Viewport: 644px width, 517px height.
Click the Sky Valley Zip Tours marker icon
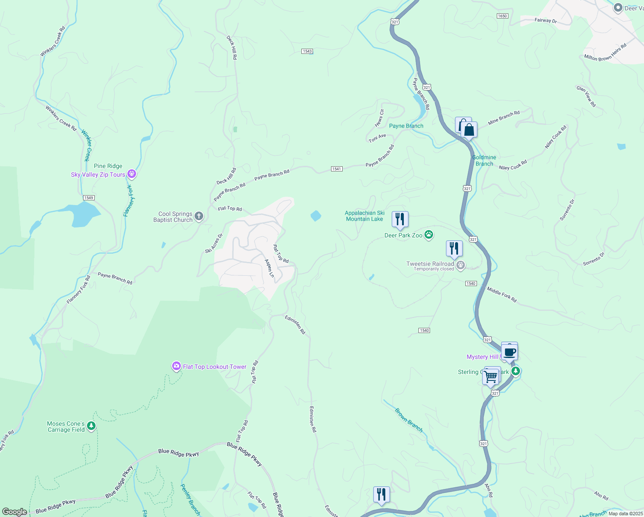[132, 174]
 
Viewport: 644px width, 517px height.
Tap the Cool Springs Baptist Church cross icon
[198, 216]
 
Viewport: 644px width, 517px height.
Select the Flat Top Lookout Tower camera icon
[176, 366]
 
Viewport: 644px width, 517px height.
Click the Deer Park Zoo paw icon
[428, 235]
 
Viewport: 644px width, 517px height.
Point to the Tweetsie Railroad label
[430, 264]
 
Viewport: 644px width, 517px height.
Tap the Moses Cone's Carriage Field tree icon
[91, 426]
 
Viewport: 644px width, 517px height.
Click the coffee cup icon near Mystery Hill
[509, 352]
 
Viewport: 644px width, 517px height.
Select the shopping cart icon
[491, 377]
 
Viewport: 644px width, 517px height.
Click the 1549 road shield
[88, 198]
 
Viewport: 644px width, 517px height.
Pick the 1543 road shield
[307, 51]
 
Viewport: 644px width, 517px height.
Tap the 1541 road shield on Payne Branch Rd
[337, 169]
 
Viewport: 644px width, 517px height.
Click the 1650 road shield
[502, 16]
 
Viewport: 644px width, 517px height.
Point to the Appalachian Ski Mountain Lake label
[365, 216]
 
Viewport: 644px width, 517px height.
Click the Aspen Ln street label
[269, 268]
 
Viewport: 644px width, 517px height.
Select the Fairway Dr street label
[545, 20]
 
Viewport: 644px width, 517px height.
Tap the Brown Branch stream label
[409, 420]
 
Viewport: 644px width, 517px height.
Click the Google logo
[15, 511]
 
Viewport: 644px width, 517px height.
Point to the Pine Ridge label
[108, 166]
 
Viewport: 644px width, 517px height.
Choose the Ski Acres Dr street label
[214, 243]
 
